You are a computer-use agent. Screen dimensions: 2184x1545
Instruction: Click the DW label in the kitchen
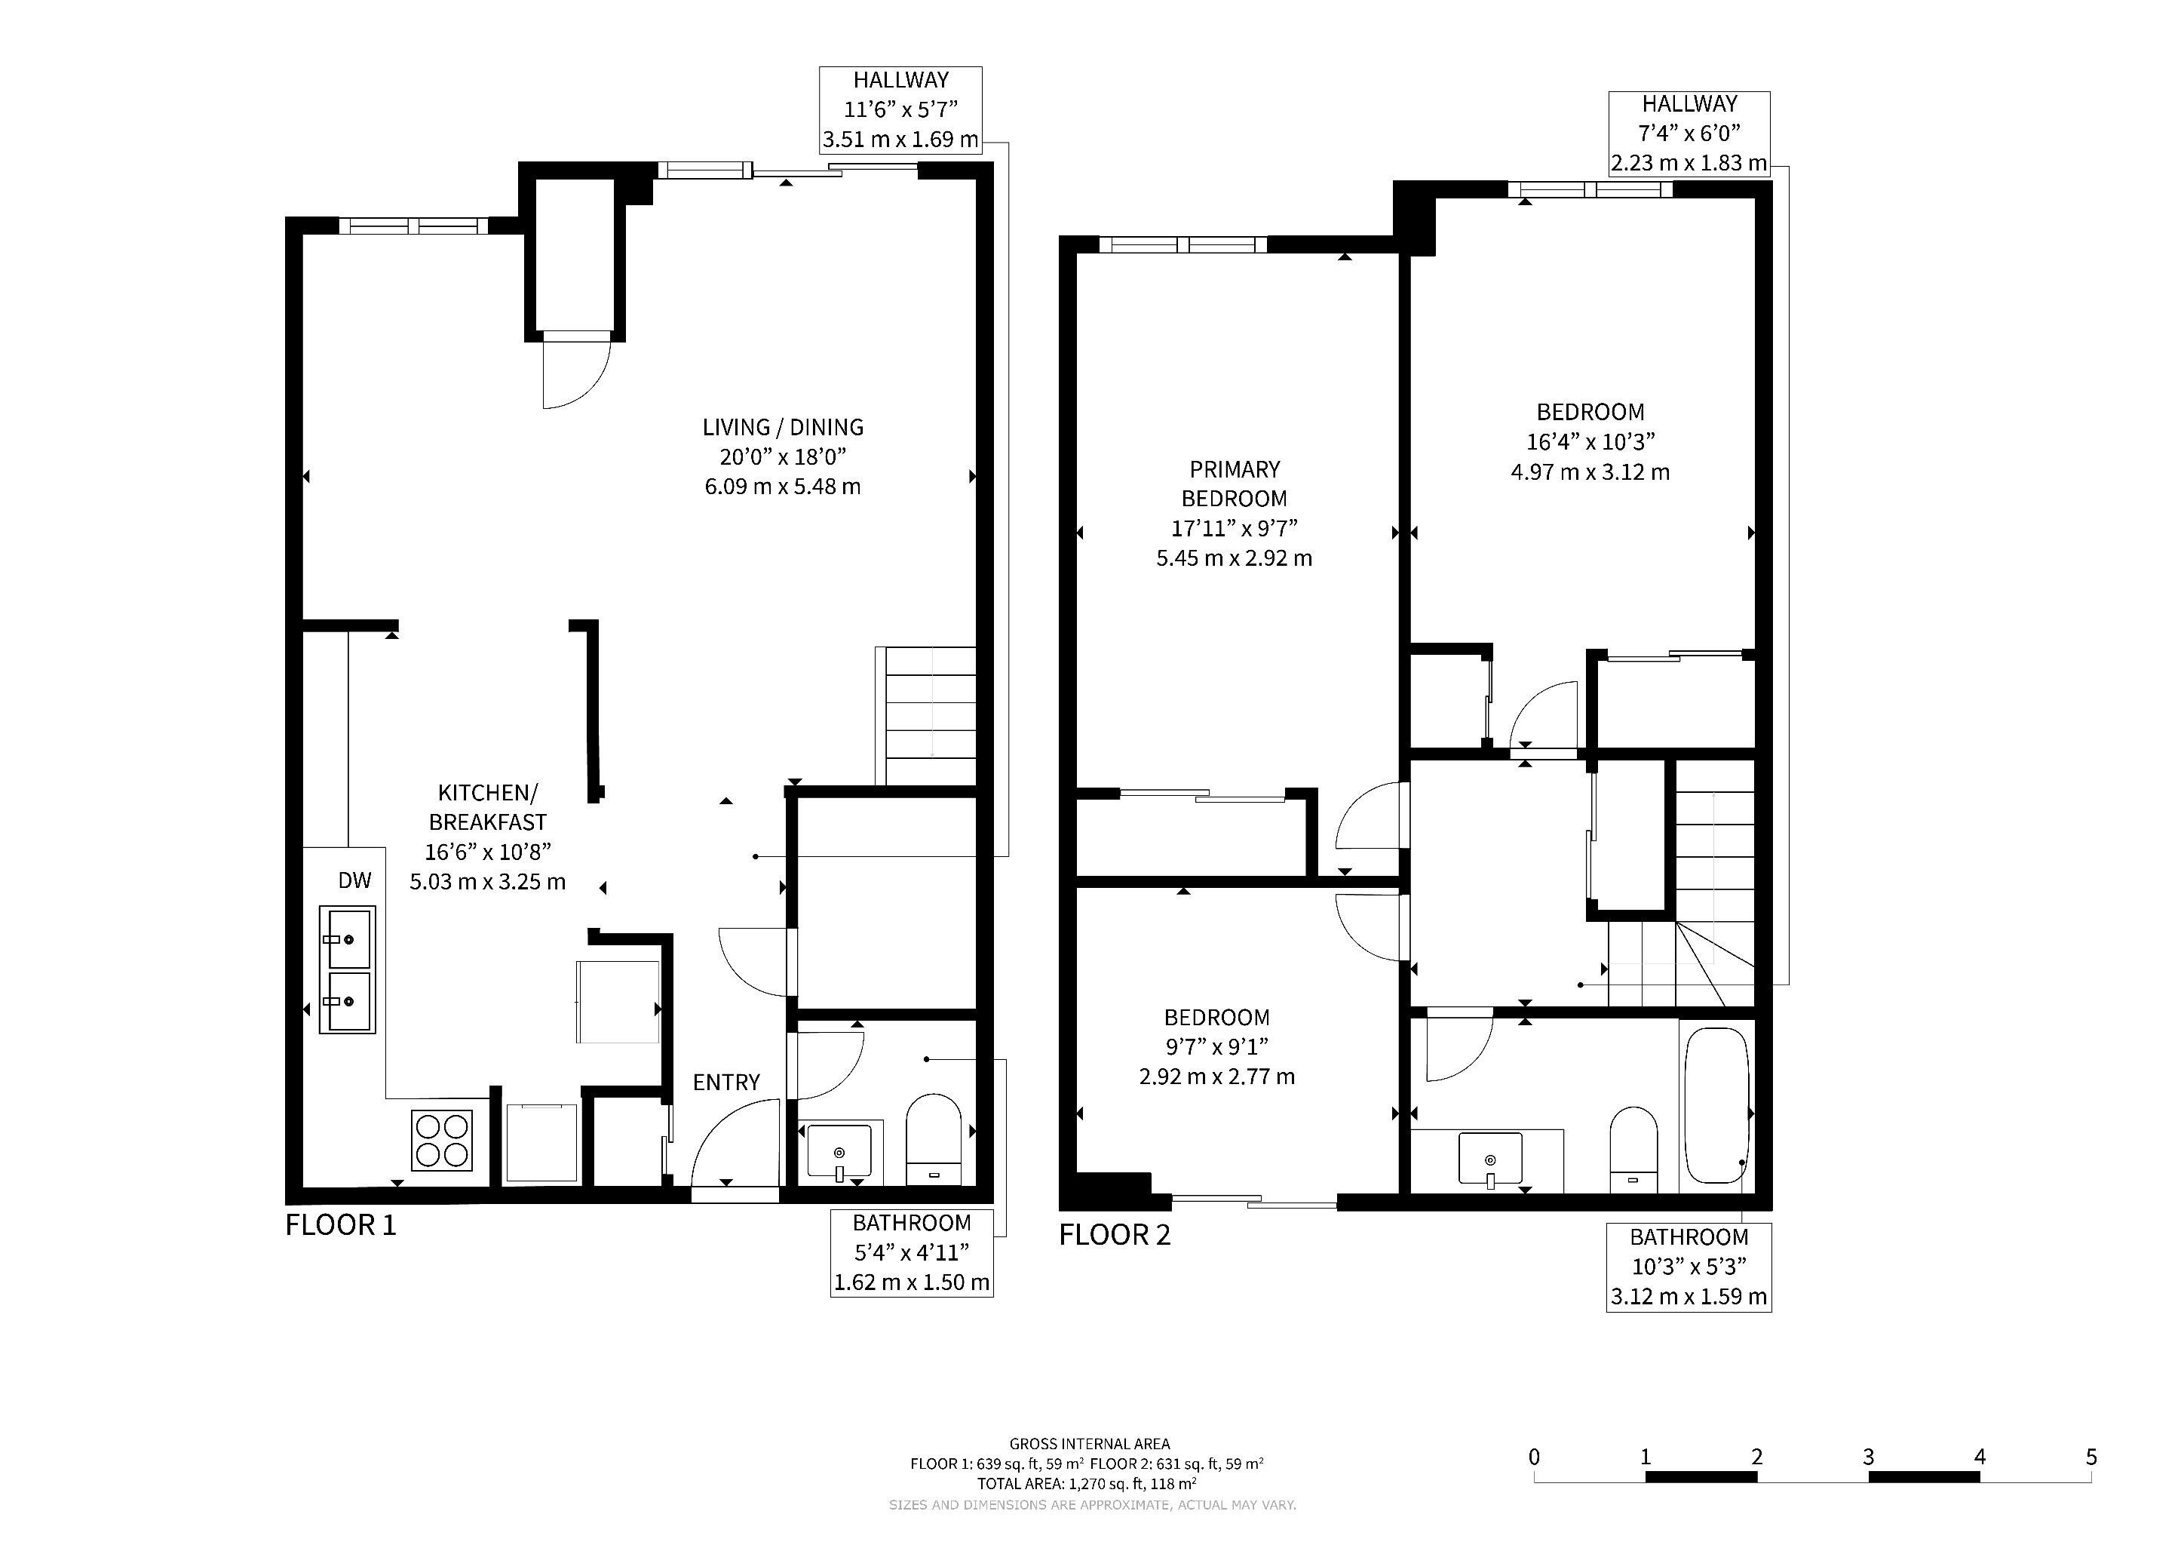click(354, 881)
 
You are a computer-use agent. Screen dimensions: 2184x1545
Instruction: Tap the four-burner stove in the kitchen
click(443, 1141)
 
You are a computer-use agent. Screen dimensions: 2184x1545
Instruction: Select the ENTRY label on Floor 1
click(725, 1083)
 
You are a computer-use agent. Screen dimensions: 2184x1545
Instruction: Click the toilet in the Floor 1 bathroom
click(934, 1140)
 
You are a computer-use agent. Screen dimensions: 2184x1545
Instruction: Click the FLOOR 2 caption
click(1115, 1235)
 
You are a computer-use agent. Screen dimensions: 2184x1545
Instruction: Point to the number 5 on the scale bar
click(2090, 1457)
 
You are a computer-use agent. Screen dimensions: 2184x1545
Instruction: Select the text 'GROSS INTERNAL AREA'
click(1090, 1444)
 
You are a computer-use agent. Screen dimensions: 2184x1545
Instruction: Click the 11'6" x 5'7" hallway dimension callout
click(900, 109)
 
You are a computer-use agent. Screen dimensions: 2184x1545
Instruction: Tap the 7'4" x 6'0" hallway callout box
click(1689, 134)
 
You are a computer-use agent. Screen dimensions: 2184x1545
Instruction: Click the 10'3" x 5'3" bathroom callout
click(1689, 1267)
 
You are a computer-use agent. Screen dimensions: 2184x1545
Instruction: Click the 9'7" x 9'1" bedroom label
click(1216, 1046)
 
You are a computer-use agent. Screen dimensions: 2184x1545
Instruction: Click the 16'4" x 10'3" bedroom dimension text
click(1590, 441)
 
